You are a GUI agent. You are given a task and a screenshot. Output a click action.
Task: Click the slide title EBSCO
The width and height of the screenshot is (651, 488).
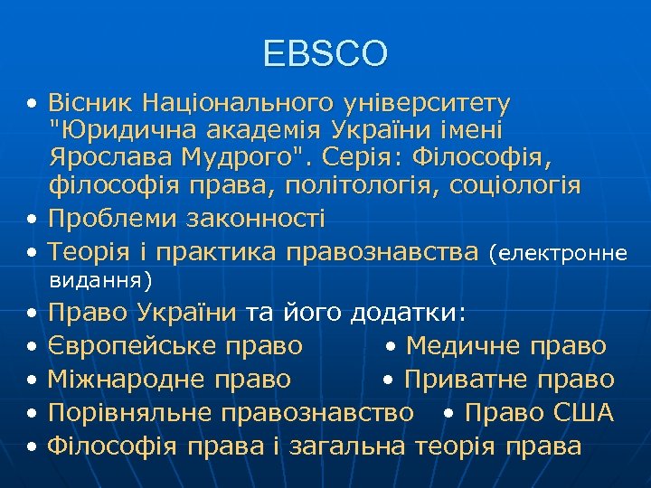325,53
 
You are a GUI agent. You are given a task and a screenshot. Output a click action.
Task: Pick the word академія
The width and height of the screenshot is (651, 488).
251,131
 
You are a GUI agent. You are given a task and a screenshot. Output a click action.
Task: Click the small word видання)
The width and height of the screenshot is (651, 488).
100,278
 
